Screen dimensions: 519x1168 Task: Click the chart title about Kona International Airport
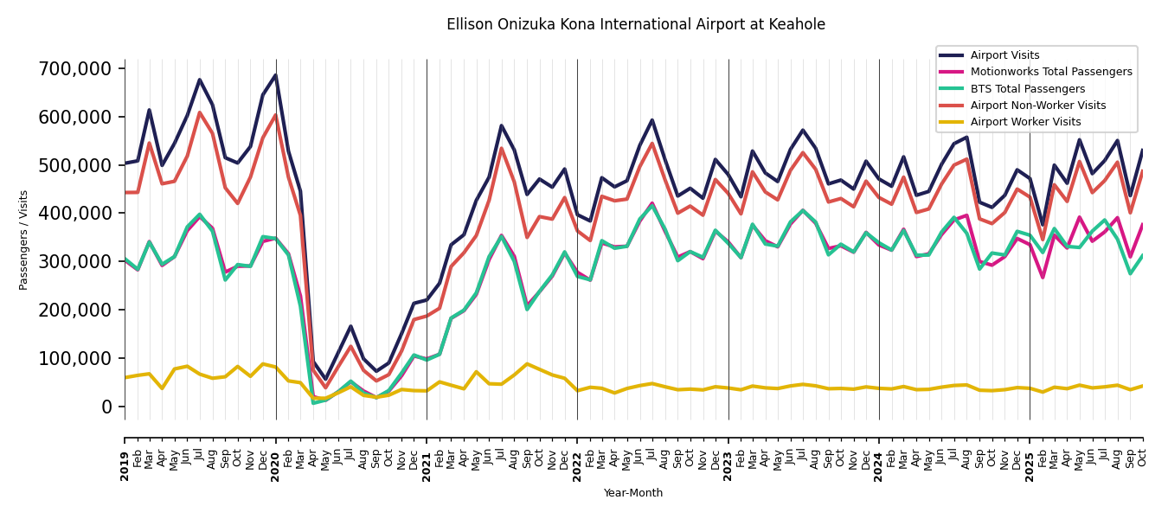pyautogui.click(x=635, y=25)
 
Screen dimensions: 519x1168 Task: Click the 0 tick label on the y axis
pyautogui.click(x=107, y=407)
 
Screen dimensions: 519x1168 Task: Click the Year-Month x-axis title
pyautogui.click(x=633, y=493)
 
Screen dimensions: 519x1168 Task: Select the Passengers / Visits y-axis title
pyautogui.click(x=24, y=240)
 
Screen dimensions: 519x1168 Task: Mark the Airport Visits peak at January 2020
pyautogui.click(x=275, y=74)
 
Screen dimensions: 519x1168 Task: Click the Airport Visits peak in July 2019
pyautogui.click(x=200, y=80)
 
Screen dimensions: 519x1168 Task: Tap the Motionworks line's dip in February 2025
pyautogui.click(x=1043, y=278)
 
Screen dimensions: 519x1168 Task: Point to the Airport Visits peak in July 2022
pyautogui.click(x=652, y=120)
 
